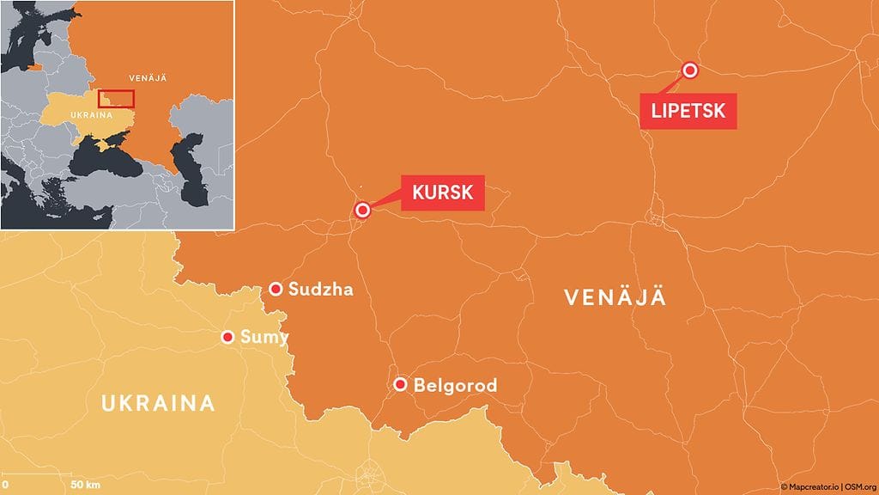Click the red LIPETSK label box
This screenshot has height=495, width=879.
click(x=688, y=111)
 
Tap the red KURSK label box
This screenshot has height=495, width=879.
click(x=442, y=192)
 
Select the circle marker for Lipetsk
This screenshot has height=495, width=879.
click(x=688, y=70)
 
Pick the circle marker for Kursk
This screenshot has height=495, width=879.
click(x=363, y=210)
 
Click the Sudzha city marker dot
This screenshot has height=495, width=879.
click(x=276, y=289)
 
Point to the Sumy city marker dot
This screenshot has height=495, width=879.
click(x=228, y=337)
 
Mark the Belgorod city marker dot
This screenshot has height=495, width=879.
click(x=400, y=384)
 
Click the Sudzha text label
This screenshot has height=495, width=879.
click(x=321, y=289)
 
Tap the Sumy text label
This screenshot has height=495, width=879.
click(x=264, y=337)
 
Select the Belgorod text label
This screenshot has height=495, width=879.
click(x=455, y=385)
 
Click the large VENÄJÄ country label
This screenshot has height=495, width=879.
click(x=615, y=297)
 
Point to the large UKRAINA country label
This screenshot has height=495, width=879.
click(x=157, y=403)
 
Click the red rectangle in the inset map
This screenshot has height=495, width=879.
click(x=116, y=98)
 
